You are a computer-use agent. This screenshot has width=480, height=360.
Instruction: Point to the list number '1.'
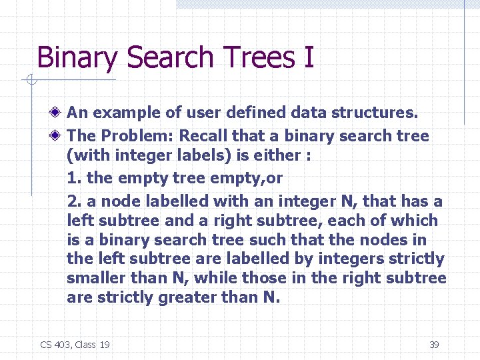[75, 179]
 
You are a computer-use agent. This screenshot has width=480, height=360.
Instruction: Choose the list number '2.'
[75, 201]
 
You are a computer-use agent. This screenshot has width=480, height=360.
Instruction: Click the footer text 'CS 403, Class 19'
[75, 345]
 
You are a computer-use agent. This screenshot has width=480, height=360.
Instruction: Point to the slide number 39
[433, 345]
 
